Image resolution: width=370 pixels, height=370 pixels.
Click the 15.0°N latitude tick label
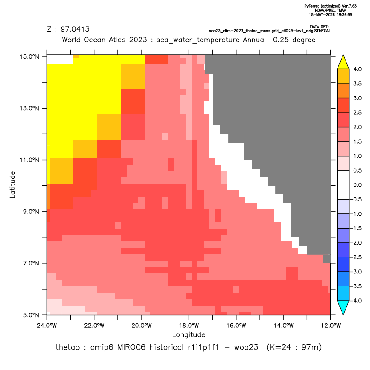click(x=29, y=56)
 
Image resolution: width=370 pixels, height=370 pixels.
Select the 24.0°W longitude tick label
click(x=47, y=326)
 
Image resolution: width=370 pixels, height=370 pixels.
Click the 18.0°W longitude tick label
click(x=189, y=326)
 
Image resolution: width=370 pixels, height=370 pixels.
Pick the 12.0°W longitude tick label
click(x=330, y=326)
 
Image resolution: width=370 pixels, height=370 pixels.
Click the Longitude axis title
click(x=189, y=334)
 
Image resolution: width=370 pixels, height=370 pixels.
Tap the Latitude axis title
click(x=12, y=185)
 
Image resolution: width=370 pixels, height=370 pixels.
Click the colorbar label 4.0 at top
click(x=357, y=69)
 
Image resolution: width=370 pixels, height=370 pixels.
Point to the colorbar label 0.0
click(x=357, y=185)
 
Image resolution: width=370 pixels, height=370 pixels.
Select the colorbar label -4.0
click(x=356, y=301)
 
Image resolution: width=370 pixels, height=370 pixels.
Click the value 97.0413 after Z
click(x=75, y=29)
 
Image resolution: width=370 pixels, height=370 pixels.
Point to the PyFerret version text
click(x=330, y=6)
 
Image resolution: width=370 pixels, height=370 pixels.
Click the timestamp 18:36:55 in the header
click(x=343, y=15)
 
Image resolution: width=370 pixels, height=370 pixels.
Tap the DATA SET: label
click(x=319, y=27)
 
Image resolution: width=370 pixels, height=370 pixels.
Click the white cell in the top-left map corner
click(x=60, y=59)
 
